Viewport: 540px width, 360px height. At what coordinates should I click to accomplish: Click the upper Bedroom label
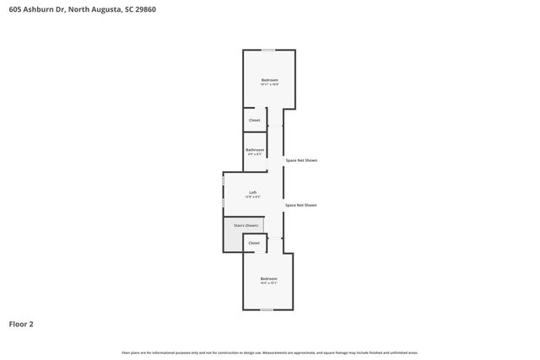click(x=269, y=79)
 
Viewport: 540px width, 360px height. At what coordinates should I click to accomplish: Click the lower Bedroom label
click(x=268, y=278)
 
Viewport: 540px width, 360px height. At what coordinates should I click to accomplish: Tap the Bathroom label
click(x=255, y=149)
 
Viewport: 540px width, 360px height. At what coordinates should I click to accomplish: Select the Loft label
click(x=253, y=192)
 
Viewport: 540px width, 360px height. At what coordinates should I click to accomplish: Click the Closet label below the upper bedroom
click(x=254, y=120)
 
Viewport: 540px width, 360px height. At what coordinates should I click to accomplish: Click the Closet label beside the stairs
click(x=254, y=243)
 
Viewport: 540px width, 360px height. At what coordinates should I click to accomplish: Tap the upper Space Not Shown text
click(x=301, y=160)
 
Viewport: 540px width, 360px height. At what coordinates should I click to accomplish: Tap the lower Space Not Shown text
click(x=301, y=205)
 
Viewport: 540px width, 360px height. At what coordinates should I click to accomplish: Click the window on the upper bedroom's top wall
click(x=267, y=51)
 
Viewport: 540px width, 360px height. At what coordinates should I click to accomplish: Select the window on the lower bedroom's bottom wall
click(x=267, y=309)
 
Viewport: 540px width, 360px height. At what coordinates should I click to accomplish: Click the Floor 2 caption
click(x=21, y=323)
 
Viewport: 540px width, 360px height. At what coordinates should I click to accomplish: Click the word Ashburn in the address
click(x=39, y=9)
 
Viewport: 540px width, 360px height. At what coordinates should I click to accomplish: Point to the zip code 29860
click(x=142, y=9)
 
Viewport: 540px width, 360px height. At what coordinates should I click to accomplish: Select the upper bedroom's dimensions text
click(x=269, y=84)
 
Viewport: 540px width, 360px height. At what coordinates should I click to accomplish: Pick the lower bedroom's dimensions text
click(x=268, y=283)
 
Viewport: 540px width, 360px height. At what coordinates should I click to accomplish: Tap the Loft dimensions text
click(x=253, y=196)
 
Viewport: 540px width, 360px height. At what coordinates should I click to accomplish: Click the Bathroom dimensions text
click(x=255, y=154)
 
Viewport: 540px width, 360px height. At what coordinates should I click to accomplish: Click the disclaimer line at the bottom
click(x=269, y=352)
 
